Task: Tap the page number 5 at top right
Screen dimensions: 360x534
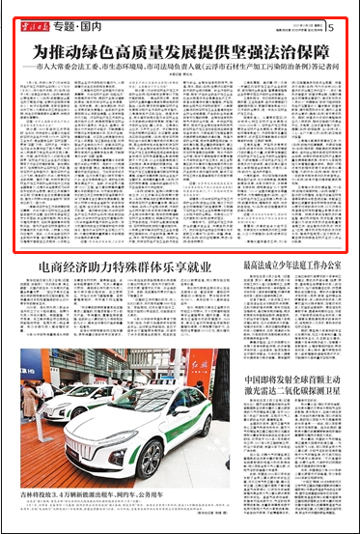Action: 331,27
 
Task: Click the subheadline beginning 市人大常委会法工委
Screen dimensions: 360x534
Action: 180,70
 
